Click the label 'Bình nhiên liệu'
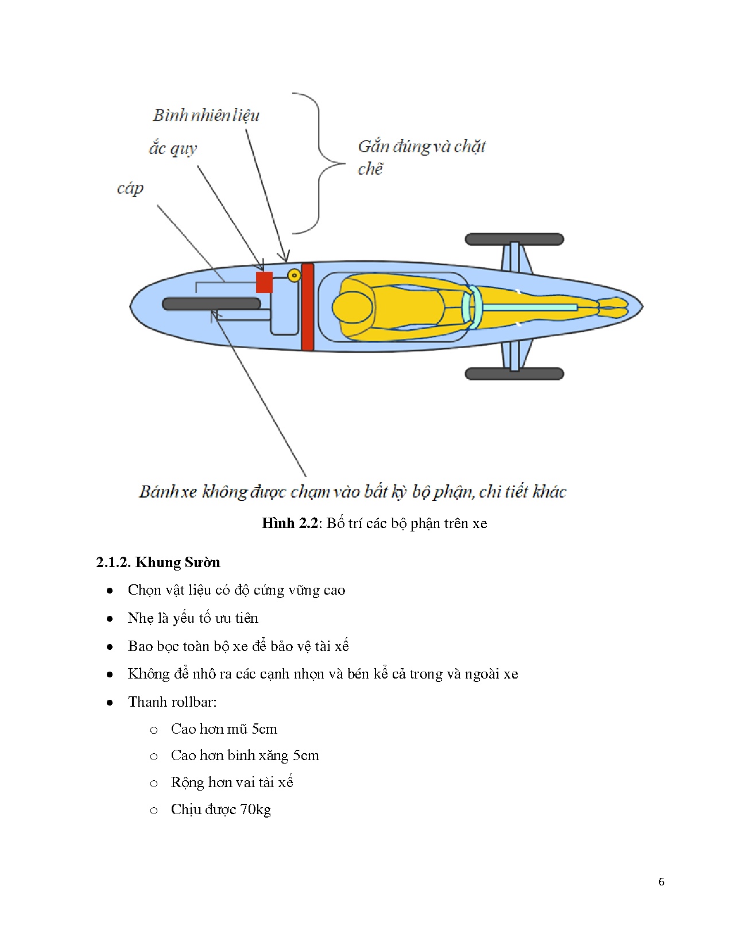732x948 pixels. click(x=206, y=115)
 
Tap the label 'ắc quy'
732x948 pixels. click(x=173, y=149)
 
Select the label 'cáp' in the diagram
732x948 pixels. click(x=130, y=188)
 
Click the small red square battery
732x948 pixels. click(x=264, y=282)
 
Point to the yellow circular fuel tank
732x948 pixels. click(x=294, y=276)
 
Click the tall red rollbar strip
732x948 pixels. click(x=307, y=307)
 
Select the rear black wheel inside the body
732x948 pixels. click(x=211, y=304)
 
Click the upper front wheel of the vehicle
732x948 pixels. click(x=514, y=239)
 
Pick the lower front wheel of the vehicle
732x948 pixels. click(x=514, y=374)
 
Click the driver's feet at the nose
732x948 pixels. click(x=613, y=307)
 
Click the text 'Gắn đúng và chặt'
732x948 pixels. click(x=422, y=147)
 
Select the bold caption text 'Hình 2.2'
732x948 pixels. click(x=289, y=523)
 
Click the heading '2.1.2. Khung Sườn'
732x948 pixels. click(x=158, y=562)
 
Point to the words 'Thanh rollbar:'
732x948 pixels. click(x=172, y=702)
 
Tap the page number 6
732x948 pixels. click(x=661, y=882)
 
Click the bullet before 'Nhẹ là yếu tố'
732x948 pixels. click(x=110, y=619)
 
